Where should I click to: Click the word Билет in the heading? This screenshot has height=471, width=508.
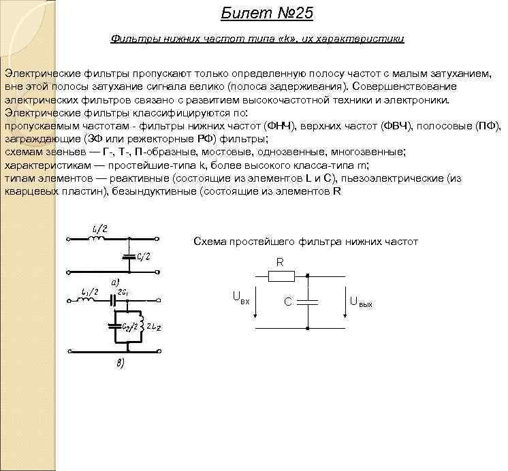pos(240,14)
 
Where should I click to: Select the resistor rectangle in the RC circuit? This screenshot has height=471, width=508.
pos(281,276)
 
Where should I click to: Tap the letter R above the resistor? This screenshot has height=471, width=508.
pos(280,263)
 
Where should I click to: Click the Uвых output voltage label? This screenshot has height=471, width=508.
pos(360,300)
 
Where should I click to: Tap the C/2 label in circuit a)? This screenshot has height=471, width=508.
pos(142,255)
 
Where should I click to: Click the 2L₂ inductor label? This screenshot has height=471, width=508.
pos(152,327)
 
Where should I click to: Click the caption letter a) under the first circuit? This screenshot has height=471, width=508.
pos(115,281)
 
